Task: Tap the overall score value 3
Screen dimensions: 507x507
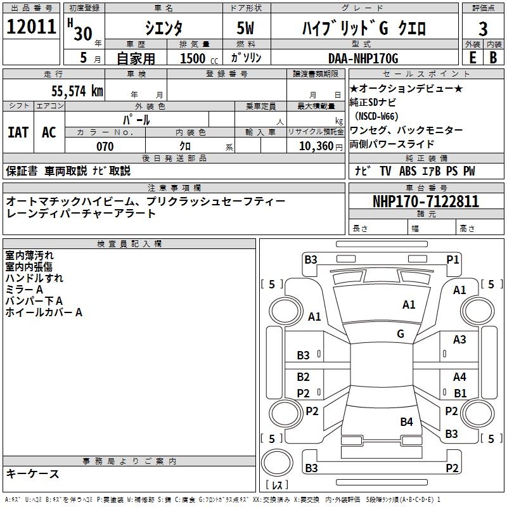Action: tap(483, 29)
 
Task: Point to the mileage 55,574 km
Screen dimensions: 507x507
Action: tap(77, 91)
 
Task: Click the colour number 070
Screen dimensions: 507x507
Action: tap(105, 146)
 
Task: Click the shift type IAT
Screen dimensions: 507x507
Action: tap(18, 132)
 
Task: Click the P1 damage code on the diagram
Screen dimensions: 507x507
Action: tap(452, 259)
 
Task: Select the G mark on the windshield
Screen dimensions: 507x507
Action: tap(401, 333)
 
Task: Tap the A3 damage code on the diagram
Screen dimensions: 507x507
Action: tap(459, 340)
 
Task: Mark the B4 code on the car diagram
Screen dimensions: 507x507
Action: tap(406, 421)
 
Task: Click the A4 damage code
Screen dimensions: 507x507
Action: tap(459, 377)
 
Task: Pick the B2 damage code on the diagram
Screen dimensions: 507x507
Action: tap(304, 377)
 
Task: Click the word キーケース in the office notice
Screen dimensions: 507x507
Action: tap(33, 473)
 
